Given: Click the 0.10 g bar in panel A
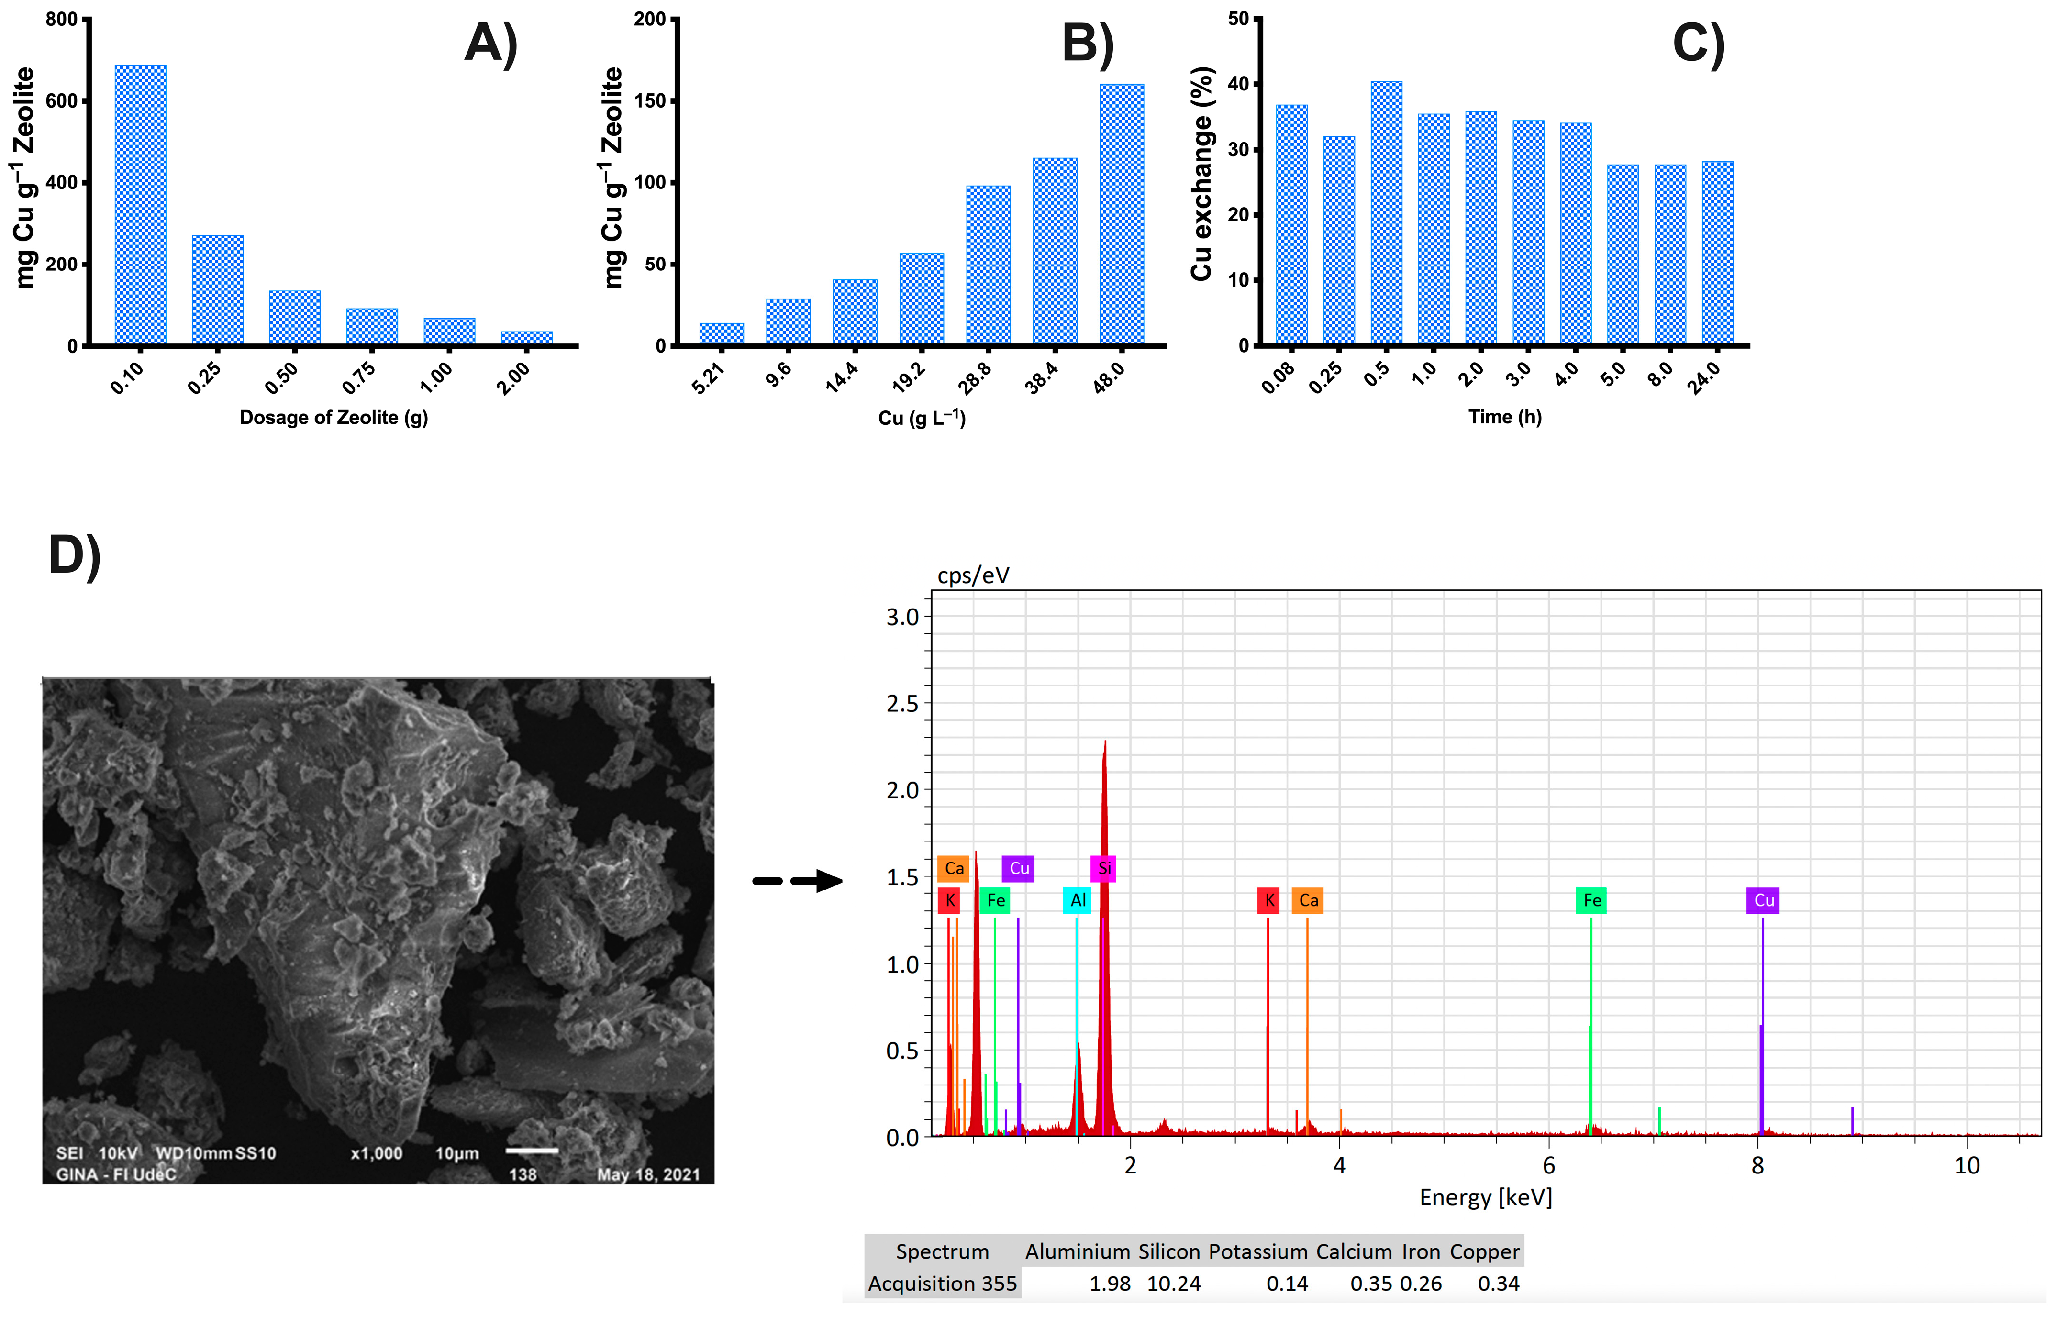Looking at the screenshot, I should [140, 205].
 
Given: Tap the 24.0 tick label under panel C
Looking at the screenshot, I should [1705, 377].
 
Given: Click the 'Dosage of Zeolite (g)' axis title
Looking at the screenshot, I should [334, 417].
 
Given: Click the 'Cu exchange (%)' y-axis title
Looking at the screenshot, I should [1201, 174].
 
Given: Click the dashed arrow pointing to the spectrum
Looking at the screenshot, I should [797, 881].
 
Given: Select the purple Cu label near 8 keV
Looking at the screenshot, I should [1763, 900].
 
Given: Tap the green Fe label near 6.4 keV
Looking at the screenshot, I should [1591, 900].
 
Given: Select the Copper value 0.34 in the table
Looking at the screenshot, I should [1499, 1284].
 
